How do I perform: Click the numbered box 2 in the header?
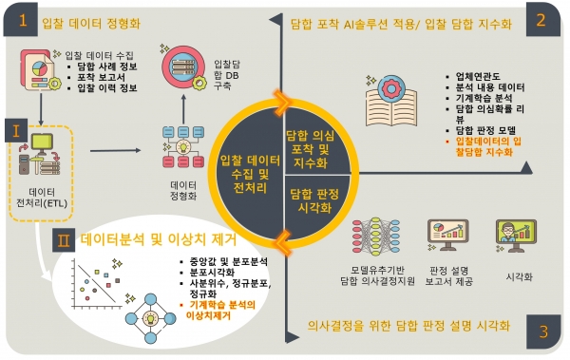click(541, 20)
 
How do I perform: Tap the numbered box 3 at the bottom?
click(542, 332)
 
